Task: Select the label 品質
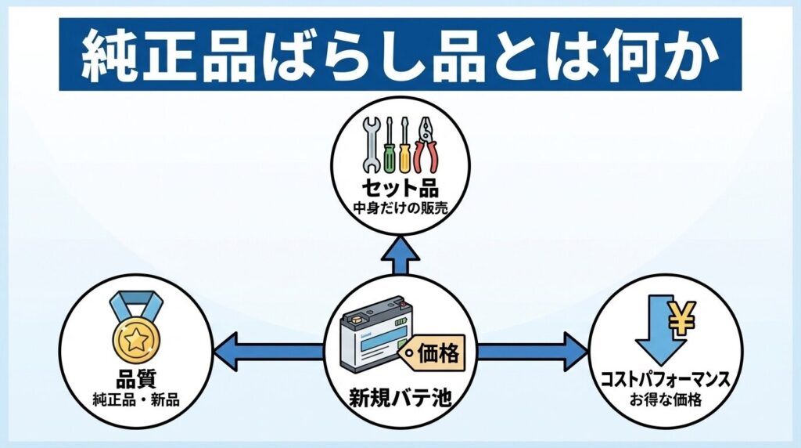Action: (135, 384)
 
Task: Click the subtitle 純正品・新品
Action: (135, 401)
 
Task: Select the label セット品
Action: (400, 190)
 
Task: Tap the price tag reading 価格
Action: (435, 352)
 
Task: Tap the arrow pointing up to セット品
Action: (400, 255)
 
